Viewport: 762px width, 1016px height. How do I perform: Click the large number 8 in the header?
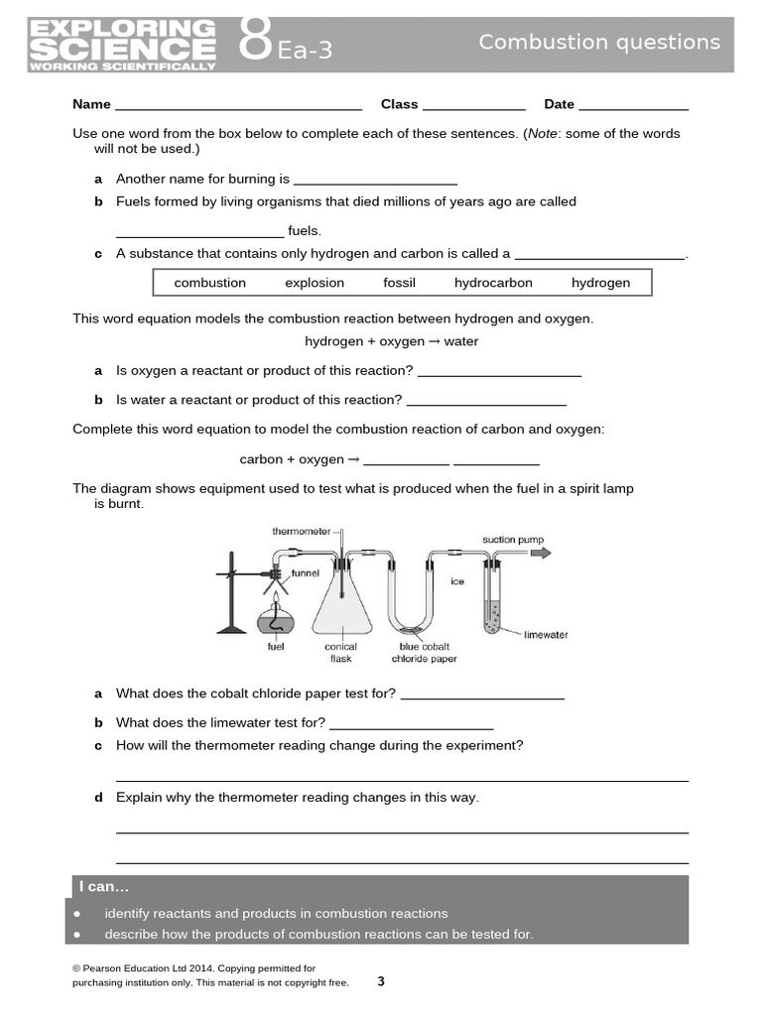(255, 44)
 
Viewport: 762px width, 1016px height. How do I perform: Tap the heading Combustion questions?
(599, 42)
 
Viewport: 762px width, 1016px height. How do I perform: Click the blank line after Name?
(238, 105)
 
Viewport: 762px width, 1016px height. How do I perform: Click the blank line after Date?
(633, 105)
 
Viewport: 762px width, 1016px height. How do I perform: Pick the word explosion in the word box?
(315, 283)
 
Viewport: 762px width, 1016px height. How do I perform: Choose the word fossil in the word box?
(399, 283)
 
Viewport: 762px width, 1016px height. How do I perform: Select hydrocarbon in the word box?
(493, 283)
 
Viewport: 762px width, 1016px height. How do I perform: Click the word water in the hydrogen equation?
(461, 341)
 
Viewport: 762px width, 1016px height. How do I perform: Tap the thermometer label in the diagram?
(301, 532)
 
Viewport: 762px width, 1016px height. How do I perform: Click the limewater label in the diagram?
(546, 635)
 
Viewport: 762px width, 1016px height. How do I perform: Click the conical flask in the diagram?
(342, 605)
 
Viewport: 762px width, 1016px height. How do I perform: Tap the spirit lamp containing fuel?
(276, 621)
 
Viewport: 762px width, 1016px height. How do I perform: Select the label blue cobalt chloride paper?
(424, 652)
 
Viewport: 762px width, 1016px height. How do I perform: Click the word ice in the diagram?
(457, 581)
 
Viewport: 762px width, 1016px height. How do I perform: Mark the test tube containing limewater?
(493, 600)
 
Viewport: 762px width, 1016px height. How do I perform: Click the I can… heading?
(104, 887)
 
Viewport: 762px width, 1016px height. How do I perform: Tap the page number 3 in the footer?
(381, 981)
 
